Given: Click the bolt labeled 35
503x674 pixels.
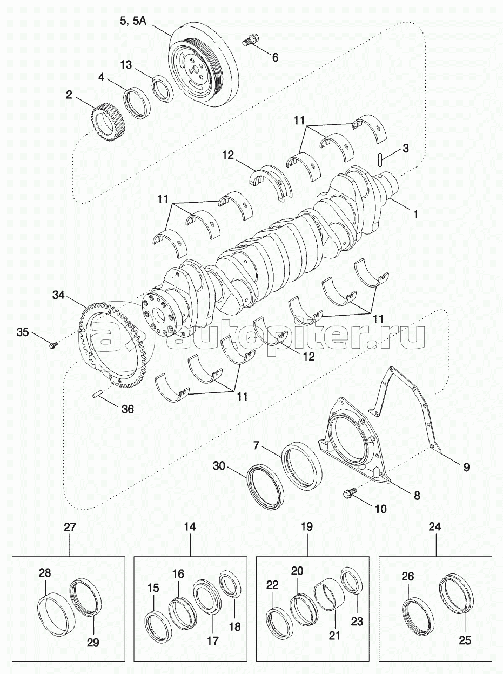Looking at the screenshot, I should [x=53, y=344].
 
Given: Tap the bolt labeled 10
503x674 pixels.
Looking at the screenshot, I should [x=348, y=493].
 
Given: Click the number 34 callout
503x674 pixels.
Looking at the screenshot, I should [x=59, y=295].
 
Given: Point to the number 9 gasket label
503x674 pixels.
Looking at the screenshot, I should [x=466, y=466].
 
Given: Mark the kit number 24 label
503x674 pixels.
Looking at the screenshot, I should [x=435, y=526].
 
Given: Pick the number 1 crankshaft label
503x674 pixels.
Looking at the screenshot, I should [x=415, y=215].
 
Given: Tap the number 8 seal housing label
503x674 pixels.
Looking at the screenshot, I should [x=417, y=495].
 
